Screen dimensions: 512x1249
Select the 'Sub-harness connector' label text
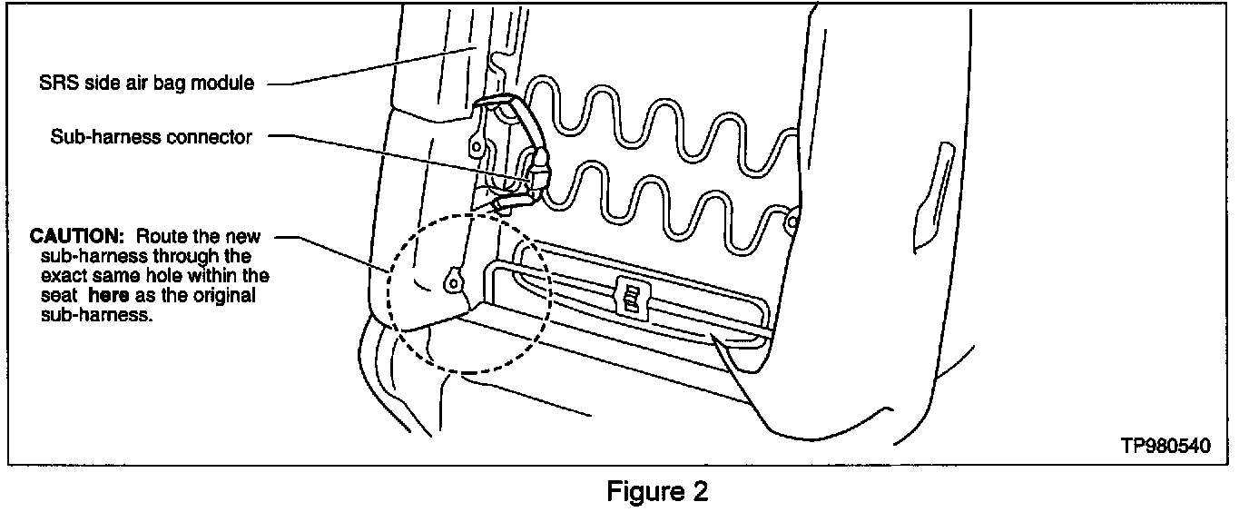[152, 137]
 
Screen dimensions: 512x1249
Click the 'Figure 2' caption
[656, 492]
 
